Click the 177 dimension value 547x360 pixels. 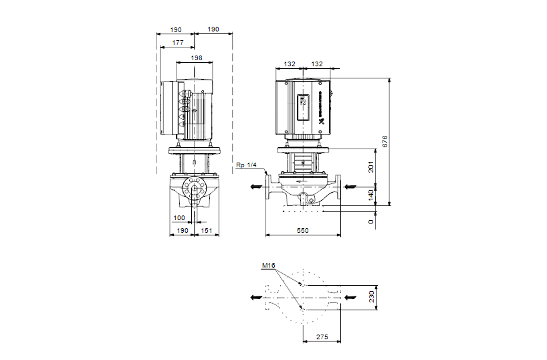click(x=178, y=42)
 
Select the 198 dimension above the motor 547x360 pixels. click(x=196, y=58)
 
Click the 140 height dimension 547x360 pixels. click(x=372, y=195)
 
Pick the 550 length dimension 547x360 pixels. click(x=304, y=230)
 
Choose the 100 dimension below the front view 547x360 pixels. click(x=179, y=218)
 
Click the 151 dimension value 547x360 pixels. click(x=207, y=230)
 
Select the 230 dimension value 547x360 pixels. click(x=372, y=296)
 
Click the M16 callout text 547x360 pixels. click(x=268, y=266)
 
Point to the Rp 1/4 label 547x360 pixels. click(x=246, y=165)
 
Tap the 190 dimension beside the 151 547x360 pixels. click(x=179, y=230)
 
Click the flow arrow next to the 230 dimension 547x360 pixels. click(x=351, y=296)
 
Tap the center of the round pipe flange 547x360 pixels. click(x=195, y=188)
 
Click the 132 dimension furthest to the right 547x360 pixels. click(x=317, y=64)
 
